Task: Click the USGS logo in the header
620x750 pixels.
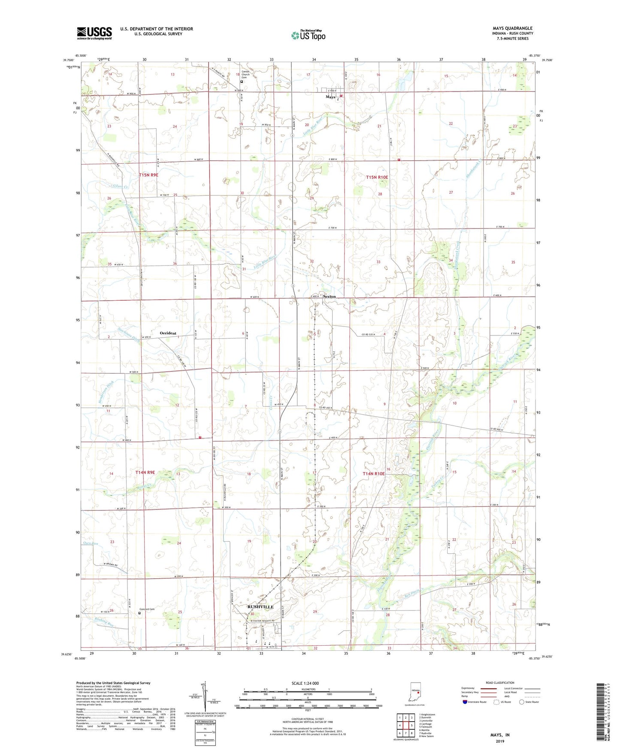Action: pos(94,33)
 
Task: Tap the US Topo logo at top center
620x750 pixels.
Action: pos(308,35)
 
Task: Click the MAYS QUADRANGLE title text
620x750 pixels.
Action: pos(512,28)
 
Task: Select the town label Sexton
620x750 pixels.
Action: pos(329,296)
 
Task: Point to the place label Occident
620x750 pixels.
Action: pos(168,333)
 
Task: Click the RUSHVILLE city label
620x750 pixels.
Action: pos(260,607)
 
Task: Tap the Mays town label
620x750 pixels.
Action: pos(330,97)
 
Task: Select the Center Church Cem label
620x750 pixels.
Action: pos(245,74)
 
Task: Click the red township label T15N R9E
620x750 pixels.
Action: pos(148,175)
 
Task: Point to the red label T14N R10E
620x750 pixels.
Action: pos(374,473)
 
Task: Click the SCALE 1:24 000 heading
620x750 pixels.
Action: pos(305,683)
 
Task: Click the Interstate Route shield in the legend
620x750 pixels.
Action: pos(465,702)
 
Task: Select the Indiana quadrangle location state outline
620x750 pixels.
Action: pos(415,692)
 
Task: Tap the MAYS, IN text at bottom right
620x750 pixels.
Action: pos(500,735)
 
